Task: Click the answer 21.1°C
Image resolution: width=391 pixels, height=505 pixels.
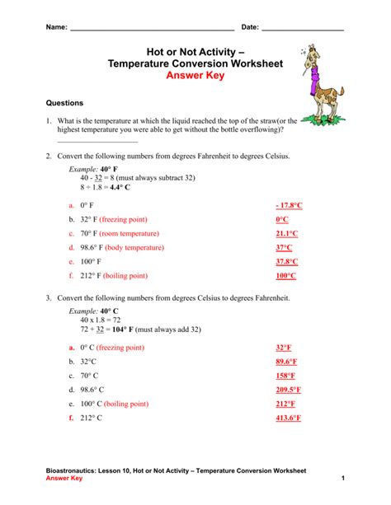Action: [287, 233]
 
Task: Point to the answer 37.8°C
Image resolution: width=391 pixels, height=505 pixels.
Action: [287, 261]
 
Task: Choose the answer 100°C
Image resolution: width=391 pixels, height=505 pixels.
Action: [285, 275]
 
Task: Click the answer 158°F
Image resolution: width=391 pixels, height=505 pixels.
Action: [285, 376]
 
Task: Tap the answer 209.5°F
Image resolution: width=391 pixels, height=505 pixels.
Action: [288, 390]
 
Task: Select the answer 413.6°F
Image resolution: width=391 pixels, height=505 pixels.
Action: [288, 418]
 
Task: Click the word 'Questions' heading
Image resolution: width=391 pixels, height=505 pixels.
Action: [64, 104]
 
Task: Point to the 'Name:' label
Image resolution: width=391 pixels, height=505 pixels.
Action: [56, 27]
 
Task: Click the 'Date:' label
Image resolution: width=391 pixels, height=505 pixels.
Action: [249, 27]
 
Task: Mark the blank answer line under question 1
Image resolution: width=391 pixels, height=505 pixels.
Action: [97, 142]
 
